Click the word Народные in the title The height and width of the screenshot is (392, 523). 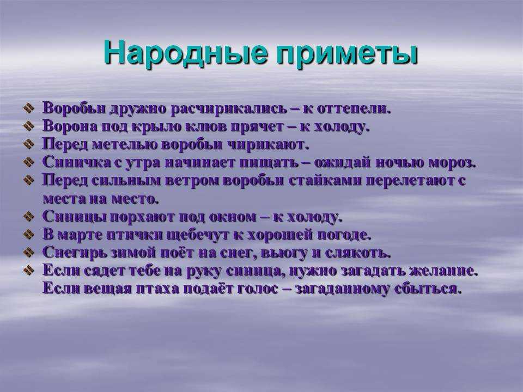(186, 53)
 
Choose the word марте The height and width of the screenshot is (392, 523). (80, 235)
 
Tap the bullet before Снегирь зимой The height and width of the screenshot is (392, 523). (29, 252)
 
